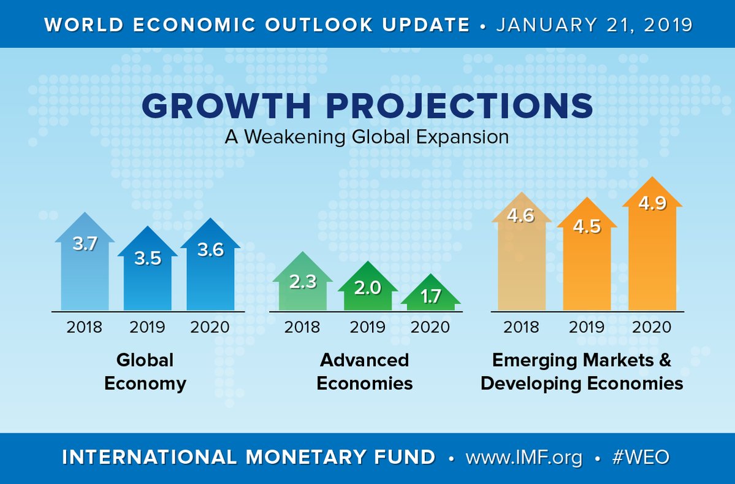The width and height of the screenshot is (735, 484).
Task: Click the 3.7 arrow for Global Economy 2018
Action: click(x=85, y=264)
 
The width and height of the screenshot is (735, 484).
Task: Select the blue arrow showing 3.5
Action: click(x=147, y=273)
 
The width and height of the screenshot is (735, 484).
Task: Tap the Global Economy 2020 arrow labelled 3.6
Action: click(x=210, y=267)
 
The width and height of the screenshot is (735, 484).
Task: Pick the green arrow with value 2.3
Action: click(x=302, y=285)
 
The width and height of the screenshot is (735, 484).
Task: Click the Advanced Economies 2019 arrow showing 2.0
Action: click(x=367, y=291)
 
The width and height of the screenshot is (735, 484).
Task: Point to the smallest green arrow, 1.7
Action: click(x=431, y=297)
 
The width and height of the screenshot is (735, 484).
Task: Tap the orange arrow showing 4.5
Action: click(x=587, y=258)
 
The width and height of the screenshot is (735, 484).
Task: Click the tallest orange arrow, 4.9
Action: click(x=652, y=245)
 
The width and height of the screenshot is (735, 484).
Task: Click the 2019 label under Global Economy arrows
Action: click(x=147, y=326)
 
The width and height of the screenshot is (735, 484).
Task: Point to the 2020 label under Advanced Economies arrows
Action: click(x=430, y=326)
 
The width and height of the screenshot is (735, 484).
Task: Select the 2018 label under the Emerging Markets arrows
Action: click(x=521, y=326)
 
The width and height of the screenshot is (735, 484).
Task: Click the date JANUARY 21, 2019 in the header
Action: click(x=593, y=25)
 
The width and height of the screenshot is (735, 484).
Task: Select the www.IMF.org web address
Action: click(x=524, y=458)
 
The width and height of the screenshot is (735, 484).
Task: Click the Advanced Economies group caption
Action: click(x=365, y=371)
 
